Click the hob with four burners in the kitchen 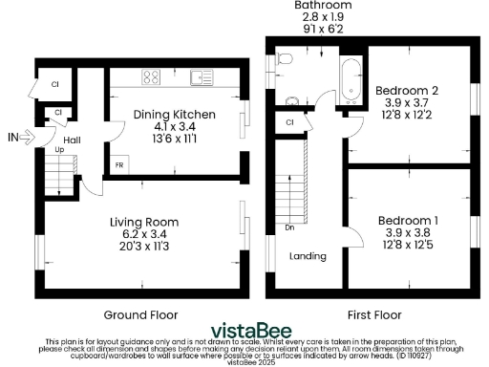152,76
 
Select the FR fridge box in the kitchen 118,164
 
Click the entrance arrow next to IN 29,138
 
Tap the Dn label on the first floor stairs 289,228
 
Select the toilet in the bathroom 284,60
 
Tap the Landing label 308,256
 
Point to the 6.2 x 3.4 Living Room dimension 143,234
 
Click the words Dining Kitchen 174,115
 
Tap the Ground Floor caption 137,313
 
